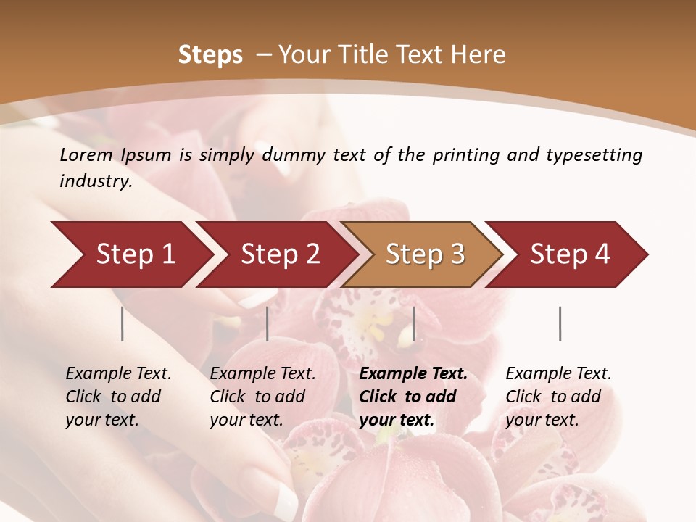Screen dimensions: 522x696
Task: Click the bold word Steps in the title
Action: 210,55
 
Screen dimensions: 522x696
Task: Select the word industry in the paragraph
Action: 95,181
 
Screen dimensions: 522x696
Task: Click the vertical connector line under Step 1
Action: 123,323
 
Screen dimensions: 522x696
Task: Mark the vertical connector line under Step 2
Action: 268,323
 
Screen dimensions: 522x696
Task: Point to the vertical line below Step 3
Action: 413,323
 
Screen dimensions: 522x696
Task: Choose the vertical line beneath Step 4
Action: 560,323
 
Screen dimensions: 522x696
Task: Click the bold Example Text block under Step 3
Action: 413,397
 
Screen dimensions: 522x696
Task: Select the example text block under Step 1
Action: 118,397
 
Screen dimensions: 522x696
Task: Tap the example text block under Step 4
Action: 558,397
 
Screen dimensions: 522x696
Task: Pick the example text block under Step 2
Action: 262,397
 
